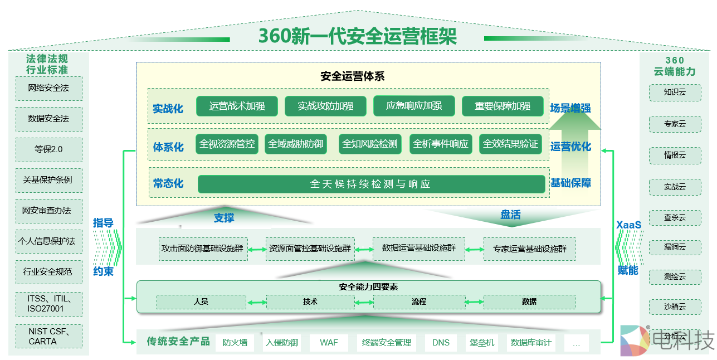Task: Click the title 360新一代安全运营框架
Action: click(357, 36)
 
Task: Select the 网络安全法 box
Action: click(49, 88)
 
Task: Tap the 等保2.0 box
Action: click(49, 149)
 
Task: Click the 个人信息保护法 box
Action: click(49, 241)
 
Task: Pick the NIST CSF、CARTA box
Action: click(49, 336)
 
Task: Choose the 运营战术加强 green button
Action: click(237, 106)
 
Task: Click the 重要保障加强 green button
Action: click(502, 106)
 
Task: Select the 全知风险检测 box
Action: click(370, 144)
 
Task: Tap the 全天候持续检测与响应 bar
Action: click(371, 184)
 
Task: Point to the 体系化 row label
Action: click(168, 147)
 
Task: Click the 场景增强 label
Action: click(570, 108)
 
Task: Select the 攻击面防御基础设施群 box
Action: click(203, 249)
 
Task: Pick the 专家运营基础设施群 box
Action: click(529, 249)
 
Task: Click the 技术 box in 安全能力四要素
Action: click(310, 301)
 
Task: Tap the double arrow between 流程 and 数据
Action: click(474, 302)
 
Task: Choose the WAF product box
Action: click(329, 343)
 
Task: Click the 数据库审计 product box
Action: click(531, 343)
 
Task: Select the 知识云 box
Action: click(675, 92)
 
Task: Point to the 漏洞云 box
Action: click(675, 247)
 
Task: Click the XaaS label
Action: click(628, 225)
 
